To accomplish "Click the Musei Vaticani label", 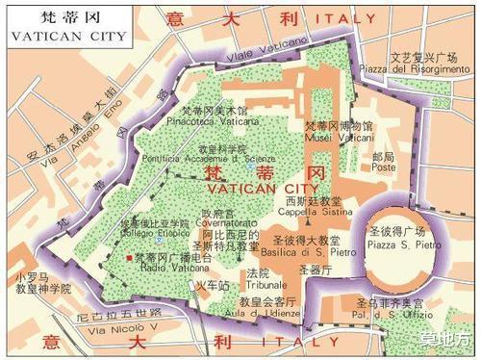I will (x=339, y=138).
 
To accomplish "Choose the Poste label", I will (x=383, y=167).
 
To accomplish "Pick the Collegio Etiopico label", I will (x=151, y=237).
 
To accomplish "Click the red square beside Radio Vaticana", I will (x=128, y=259).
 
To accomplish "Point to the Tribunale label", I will (x=258, y=285).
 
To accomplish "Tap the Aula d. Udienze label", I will (x=266, y=314).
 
